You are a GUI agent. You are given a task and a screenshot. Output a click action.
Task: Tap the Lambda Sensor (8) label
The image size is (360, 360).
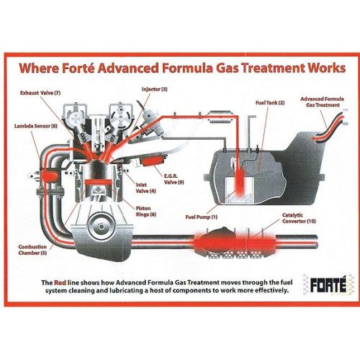pyautogui.click(x=33, y=125)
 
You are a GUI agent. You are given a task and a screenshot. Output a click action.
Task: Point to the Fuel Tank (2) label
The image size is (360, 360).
pyautogui.click(x=270, y=103)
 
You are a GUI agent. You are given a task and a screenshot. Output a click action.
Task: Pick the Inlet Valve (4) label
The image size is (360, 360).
pyautogui.click(x=146, y=188)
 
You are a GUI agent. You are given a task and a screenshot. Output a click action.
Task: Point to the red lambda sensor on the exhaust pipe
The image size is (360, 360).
pyautogui.click(x=50, y=176)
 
